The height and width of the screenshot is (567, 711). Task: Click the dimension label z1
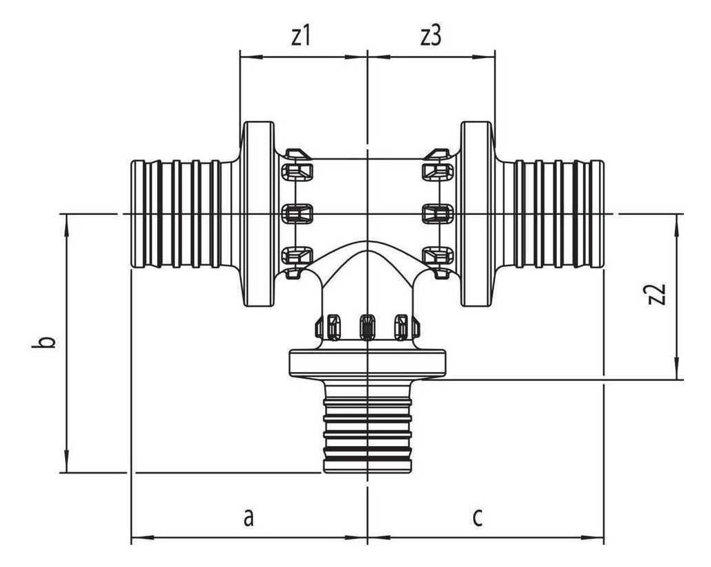click(300, 36)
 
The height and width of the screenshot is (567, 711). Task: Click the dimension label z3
click(430, 36)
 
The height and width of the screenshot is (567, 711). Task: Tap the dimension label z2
click(657, 295)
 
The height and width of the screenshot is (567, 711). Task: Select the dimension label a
click(248, 518)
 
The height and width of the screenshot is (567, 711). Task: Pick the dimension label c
click(477, 518)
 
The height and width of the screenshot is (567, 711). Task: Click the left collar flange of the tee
click(259, 214)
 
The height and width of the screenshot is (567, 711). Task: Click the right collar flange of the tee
click(477, 214)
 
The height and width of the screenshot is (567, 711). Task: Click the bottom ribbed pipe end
click(367, 426)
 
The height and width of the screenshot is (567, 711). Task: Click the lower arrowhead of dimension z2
click(677, 368)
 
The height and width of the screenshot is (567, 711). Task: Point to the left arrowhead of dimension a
click(142, 538)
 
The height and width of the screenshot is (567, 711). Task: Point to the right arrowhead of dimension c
click(593, 538)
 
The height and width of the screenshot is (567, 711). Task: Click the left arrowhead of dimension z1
click(252, 57)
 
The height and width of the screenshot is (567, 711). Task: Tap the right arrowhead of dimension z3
click(483, 57)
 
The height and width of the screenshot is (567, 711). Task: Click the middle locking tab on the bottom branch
click(367, 326)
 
